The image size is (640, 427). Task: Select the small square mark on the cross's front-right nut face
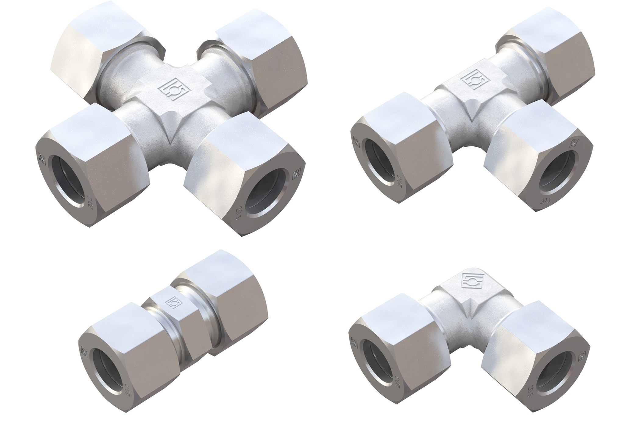tap(295, 175)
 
